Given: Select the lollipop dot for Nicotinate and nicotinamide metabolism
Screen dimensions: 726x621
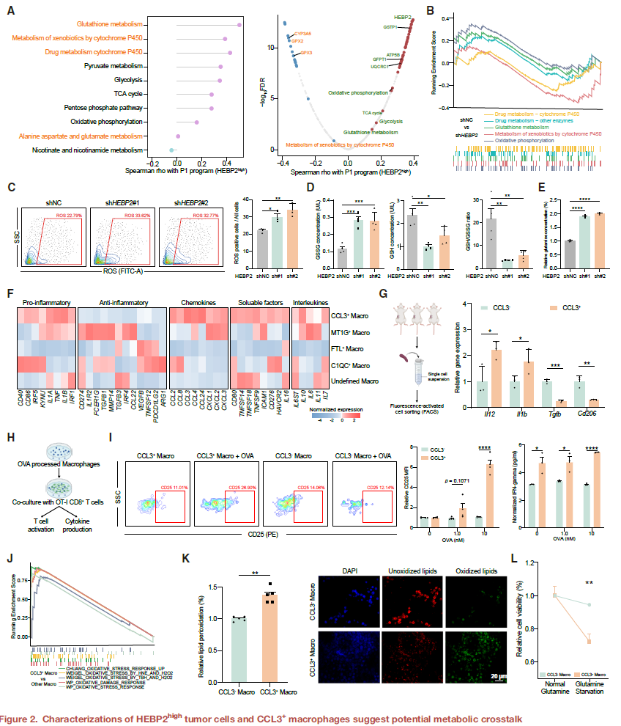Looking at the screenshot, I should [172, 150].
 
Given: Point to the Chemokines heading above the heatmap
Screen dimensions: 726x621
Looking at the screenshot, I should [198, 302].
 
